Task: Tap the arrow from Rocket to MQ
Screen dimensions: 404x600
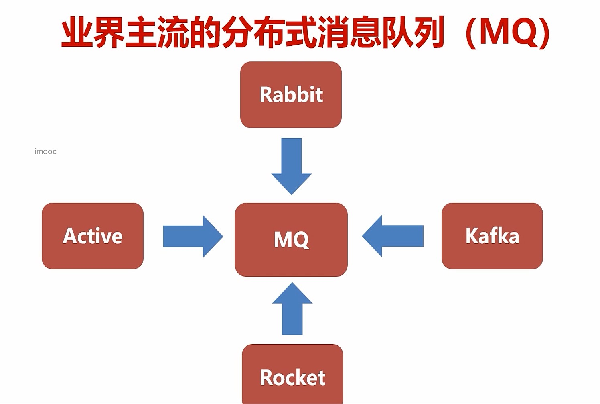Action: [x=292, y=309]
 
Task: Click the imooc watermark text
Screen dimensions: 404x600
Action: [x=46, y=151]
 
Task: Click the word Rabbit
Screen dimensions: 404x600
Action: [x=291, y=95]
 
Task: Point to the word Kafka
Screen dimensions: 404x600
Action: [x=492, y=236]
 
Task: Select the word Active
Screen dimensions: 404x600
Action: [x=93, y=236]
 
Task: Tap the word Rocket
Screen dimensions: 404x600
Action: [x=293, y=377]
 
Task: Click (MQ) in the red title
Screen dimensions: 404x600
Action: [x=508, y=32]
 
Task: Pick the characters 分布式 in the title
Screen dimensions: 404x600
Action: [x=269, y=32]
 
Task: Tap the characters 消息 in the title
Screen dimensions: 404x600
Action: [x=349, y=32]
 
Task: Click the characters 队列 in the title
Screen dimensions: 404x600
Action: [x=413, y=32]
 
